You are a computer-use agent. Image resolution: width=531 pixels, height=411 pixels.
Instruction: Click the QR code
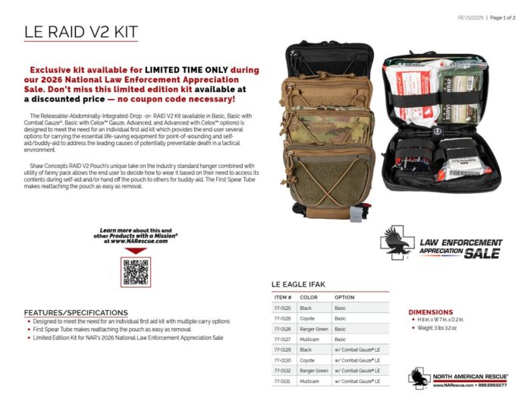click(135, 271)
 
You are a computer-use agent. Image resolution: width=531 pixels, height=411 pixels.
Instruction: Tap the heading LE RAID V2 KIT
click(81, 33)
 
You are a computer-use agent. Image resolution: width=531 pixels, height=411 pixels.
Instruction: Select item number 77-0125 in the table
click(282, 308)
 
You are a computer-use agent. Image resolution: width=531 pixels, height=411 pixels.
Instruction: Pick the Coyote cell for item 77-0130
click(308, 360)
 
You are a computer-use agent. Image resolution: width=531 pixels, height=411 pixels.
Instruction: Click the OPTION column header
click(344, 296)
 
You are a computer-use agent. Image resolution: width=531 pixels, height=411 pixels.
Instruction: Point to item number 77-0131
click(282, 381)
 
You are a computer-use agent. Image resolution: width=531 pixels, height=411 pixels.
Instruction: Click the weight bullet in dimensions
click(439, 330)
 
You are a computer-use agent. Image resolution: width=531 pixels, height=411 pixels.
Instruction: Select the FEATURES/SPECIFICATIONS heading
click(71, 312)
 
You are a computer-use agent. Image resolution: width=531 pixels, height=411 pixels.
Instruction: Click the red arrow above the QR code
click(135, 250)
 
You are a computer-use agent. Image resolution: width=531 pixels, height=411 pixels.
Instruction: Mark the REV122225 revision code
click(471, 17)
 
